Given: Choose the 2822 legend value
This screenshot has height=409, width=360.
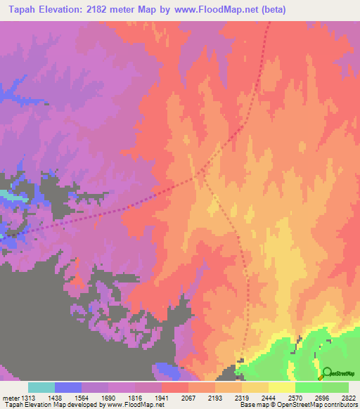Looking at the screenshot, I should (x=349, y=398).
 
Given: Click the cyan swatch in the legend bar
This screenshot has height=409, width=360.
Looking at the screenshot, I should (x=41, y=387).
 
